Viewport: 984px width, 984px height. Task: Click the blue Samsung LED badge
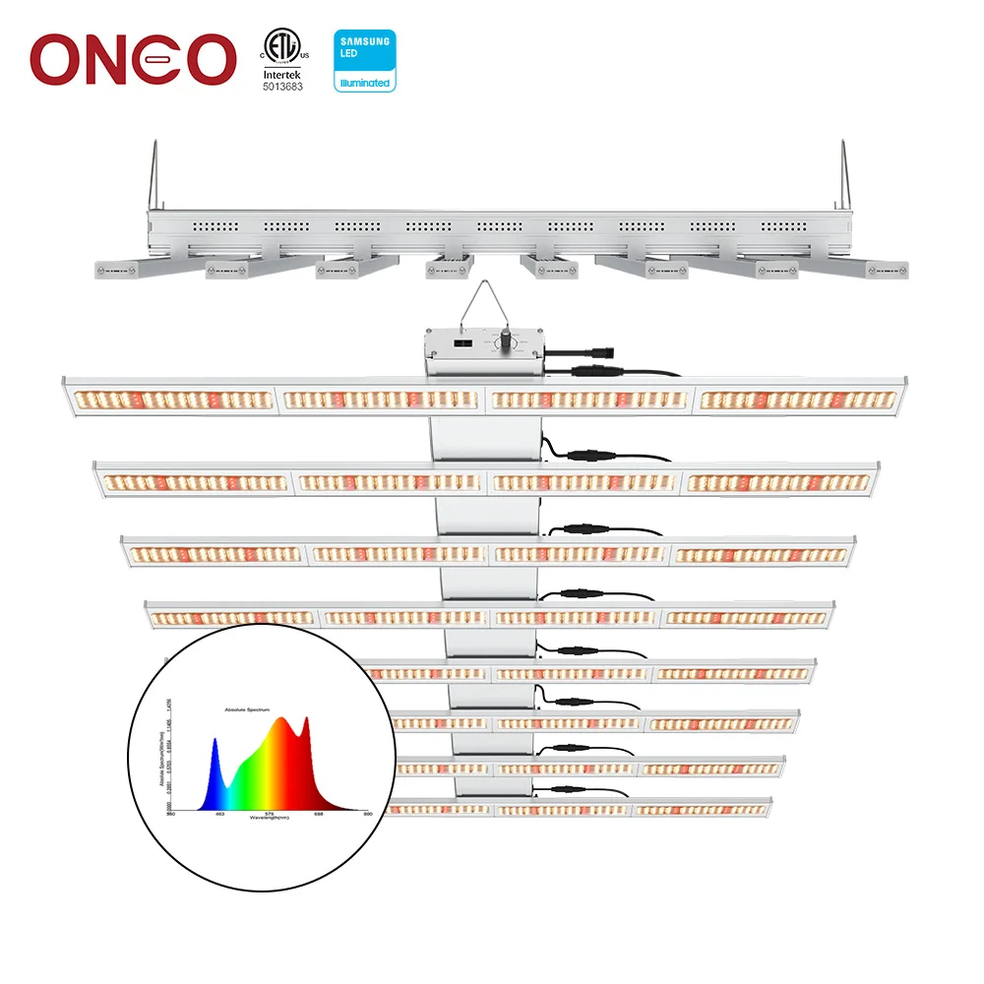(364, 60)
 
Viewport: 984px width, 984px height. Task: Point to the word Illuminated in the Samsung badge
(364, 84)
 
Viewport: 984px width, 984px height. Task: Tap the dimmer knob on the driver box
(507, 339)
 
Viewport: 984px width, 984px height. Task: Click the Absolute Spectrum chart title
(246, 708)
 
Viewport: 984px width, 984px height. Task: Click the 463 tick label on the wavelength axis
(219, 814)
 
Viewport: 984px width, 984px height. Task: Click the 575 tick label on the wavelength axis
(270, 814)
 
